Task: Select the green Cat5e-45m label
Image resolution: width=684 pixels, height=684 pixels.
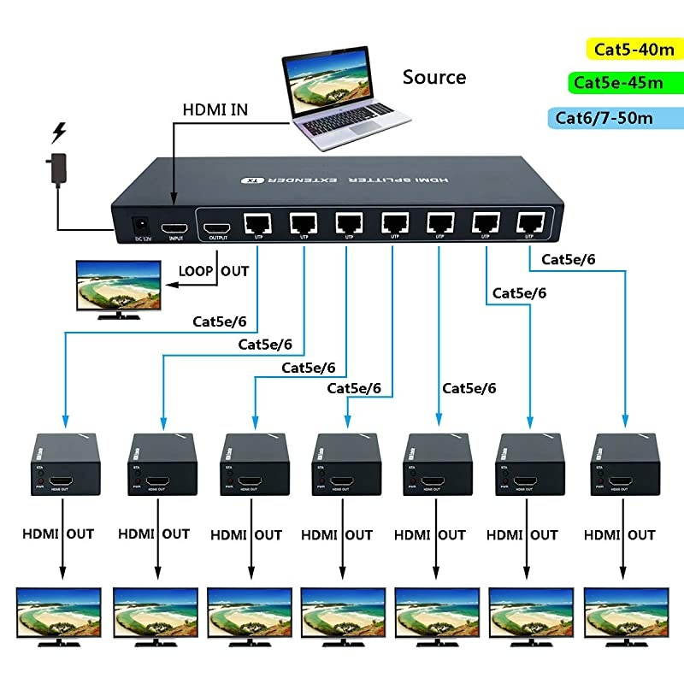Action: pyautogui.click(x=618, y=83)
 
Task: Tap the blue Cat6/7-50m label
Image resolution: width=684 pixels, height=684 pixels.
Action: pyautogui.click(x=604, y=117)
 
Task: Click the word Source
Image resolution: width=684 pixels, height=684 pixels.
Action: pyautogui.click(x=434, y=78)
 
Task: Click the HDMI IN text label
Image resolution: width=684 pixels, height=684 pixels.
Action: pyautogui.click(x=217, y=109)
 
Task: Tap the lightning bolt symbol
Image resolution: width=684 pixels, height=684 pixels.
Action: pyautogui.click(x=59, y=133)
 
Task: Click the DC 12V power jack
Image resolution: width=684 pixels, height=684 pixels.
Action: pyautogui.click(x=136, y=224)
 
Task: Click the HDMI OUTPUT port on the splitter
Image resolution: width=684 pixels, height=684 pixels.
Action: pyautogui.click(x=216, y=228)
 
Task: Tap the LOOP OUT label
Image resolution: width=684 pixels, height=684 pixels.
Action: pyautogui.click(x=214, y=271)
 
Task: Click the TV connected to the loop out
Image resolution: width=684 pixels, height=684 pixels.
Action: pyautogui.click(x=120, y=289)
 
